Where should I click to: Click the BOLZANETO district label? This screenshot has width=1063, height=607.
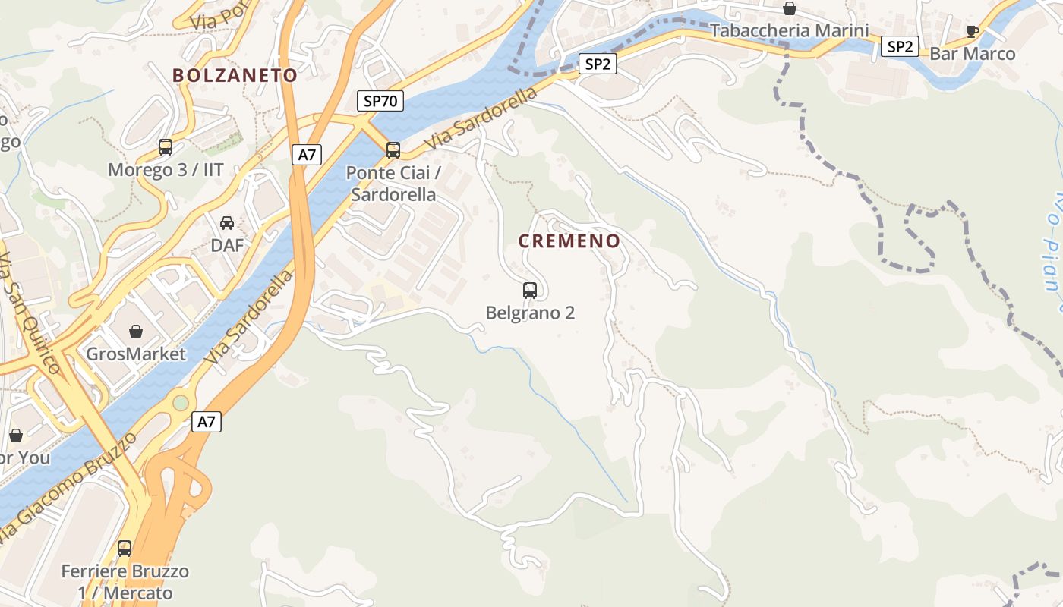coord(235,75)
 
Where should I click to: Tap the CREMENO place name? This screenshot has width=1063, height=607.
coord(580,241)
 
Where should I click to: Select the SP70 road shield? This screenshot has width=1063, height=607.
coord(380,101)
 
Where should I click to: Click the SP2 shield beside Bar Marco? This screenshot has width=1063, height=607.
coord(900,46)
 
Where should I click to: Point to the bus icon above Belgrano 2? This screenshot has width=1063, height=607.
coord(530,290)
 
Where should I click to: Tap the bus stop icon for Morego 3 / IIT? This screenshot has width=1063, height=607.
coord(166,147)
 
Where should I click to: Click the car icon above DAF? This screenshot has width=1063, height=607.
coord(227,222)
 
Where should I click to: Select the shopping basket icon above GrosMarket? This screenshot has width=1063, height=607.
coord(136,331)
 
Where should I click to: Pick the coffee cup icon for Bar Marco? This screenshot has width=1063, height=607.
coord(972,31)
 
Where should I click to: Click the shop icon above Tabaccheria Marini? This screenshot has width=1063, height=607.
coord(790,8)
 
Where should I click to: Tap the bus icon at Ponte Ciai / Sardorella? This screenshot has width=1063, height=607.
coord(393,150)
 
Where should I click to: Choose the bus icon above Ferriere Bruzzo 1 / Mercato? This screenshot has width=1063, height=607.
coord(125,548)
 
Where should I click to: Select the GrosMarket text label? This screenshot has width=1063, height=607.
coord(136,354)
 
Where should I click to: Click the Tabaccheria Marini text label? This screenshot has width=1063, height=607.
coord(790,31)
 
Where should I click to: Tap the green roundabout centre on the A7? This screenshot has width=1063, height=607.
coord(181,402)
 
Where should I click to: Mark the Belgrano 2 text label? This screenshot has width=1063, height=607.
coord(530,313)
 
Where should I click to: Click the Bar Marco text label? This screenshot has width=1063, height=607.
coord(972,54)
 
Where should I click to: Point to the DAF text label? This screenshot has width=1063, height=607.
coord(227,245)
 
